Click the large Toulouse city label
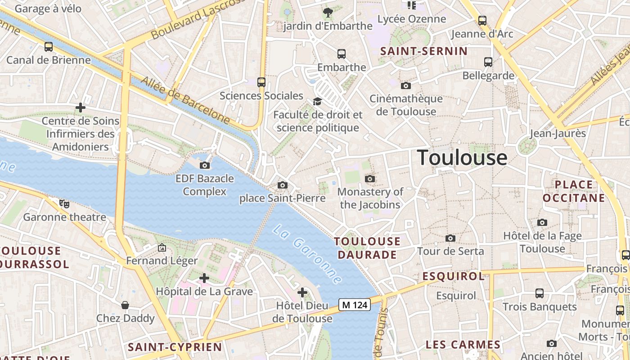click(462, 158)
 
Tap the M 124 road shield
click(354, 305)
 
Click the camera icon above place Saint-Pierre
click(283, 185)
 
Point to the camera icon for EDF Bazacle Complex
click(205, 165)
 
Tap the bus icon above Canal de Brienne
click(49, 46)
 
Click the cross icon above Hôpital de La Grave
click(204, 278)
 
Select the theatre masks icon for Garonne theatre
click(65, 204)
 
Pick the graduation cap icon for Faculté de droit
click(317, 101)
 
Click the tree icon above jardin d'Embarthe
click(328, 13)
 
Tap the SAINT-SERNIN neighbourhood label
click(424, 51)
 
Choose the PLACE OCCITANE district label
click(574, 191)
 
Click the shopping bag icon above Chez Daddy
click(125, 305)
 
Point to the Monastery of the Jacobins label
click(370, 198)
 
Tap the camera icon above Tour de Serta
click(450, 238)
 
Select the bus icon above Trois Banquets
click(540, 293)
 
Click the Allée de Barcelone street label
click(185, 100)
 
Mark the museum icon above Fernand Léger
click(162, 247)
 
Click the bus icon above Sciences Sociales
click(261, 82)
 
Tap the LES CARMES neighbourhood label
click(463, 345)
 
